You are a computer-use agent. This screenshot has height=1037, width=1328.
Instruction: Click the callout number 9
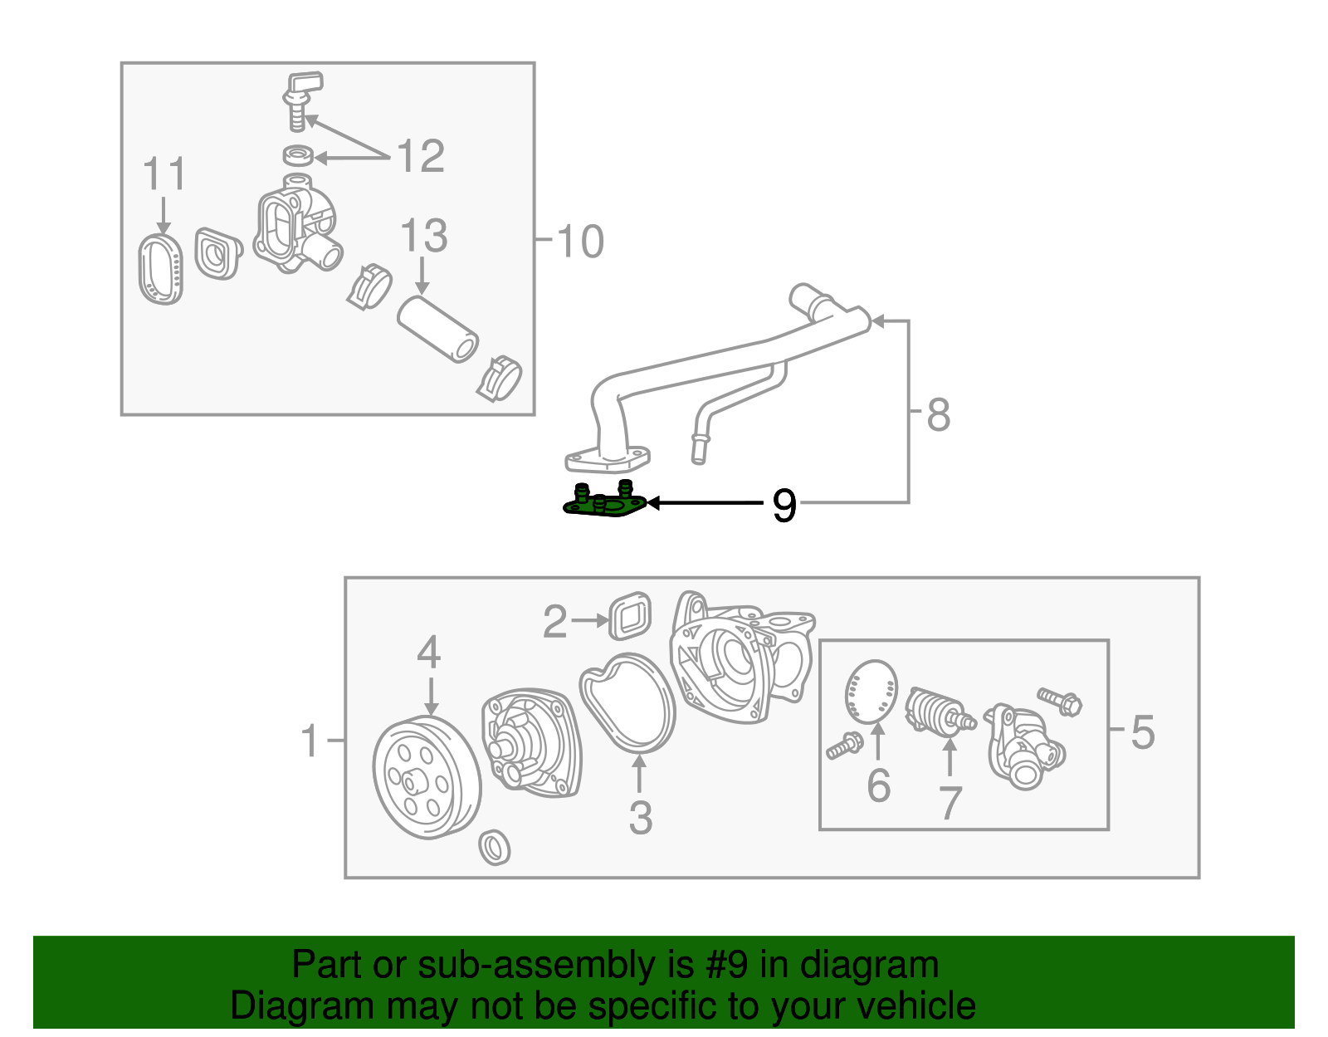click(784, 505)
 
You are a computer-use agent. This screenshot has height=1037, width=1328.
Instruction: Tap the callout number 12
click(421, 156)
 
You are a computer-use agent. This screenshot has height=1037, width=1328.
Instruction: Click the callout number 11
click(164, 174)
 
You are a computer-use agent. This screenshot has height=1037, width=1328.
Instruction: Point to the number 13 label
click(423, 237)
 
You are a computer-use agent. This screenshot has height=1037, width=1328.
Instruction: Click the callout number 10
click(580, 242)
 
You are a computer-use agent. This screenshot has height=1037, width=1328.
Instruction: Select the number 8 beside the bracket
click(938, 414)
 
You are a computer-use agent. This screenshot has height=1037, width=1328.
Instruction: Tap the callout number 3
click(640, 817)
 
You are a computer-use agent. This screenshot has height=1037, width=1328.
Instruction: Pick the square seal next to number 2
click(630, 616)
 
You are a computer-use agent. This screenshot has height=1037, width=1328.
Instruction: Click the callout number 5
click(1142, 732)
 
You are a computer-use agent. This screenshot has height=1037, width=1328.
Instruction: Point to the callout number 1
click(309, 740)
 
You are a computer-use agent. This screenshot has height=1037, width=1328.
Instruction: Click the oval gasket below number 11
click(161, 269)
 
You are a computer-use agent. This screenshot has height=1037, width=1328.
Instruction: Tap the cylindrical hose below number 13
click(438, 329)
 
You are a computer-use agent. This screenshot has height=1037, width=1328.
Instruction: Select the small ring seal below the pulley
click(496, 846)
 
